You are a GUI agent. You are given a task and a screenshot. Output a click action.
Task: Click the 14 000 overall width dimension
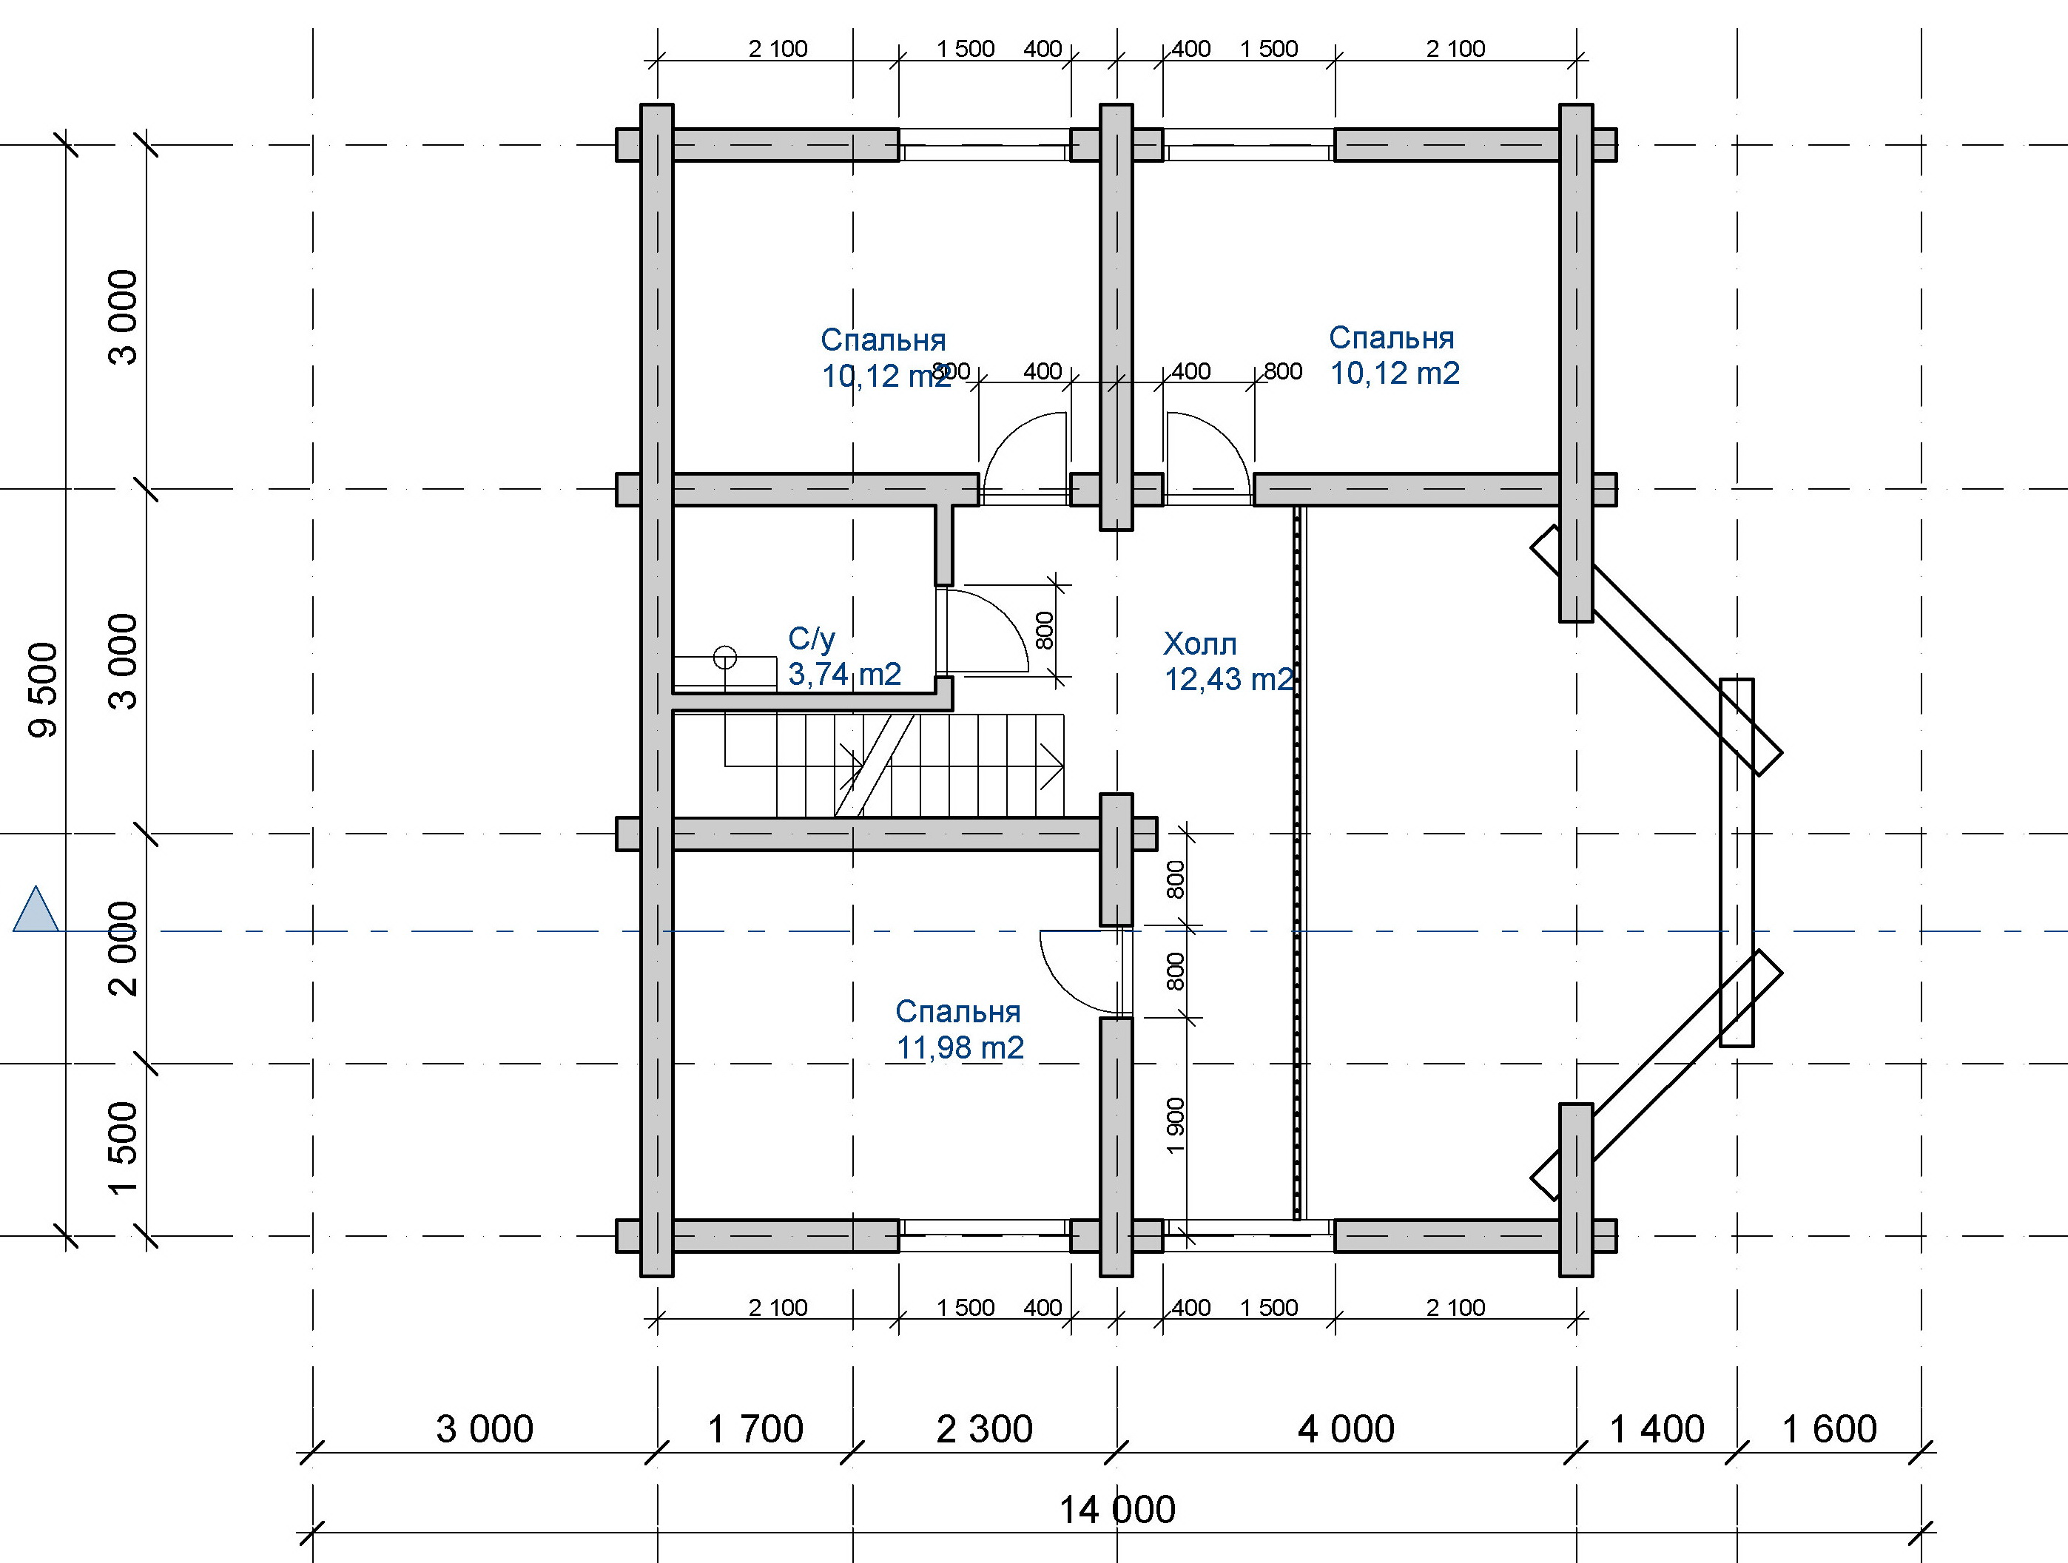pos(1116,1510)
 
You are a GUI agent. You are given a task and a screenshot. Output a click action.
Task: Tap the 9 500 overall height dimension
pos(43,690)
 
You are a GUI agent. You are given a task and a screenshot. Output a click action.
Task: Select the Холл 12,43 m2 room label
pos(1228,661)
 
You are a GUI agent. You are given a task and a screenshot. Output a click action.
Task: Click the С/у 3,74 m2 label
pos(844,655)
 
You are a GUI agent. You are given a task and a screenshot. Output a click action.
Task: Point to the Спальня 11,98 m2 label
pos(959,1029)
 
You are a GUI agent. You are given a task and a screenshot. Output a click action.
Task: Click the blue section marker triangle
pos(36,910)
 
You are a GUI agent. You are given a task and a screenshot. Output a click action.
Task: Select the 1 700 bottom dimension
pos(755,1429)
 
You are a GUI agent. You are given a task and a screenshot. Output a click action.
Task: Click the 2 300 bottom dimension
pos(985,1429)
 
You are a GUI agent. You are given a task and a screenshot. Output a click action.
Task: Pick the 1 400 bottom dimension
pos(1657,1429)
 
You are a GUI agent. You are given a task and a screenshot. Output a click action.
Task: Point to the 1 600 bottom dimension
pos(1830,1429)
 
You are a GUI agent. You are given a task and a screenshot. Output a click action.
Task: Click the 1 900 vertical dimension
pos(1175,1126)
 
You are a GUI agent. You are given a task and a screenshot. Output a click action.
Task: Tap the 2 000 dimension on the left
pos(123,948)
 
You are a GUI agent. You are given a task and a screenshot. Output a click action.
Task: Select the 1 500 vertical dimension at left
pos(123,1149)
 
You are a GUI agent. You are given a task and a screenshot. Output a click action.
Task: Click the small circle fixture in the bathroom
pos(724,658)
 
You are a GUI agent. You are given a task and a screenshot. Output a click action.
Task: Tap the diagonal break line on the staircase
pos(874,766)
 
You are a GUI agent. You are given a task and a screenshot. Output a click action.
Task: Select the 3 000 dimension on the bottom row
pos(485,1429)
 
